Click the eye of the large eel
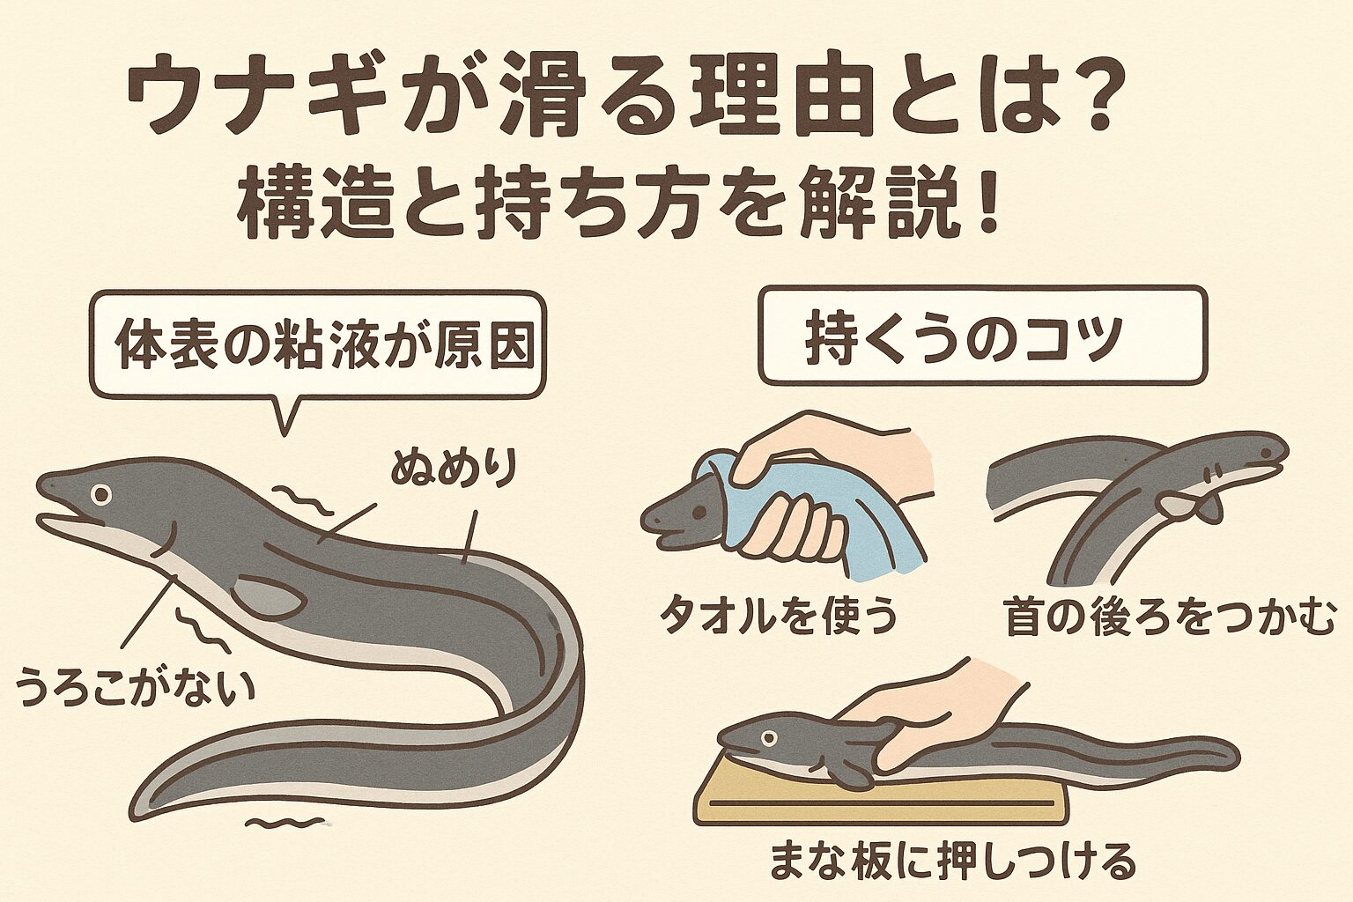tap(103, 495)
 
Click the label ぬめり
tap(453, 470)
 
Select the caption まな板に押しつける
tap(952, 861)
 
